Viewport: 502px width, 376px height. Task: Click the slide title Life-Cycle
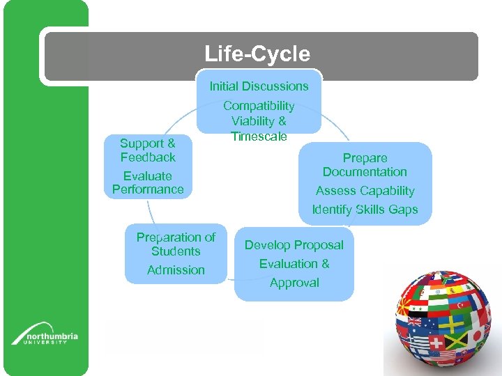click(257, 54)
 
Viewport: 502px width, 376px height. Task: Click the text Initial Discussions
click(259, 86)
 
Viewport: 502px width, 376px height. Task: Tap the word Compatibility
click(259, 106)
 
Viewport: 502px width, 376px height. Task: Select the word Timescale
click(259, 136)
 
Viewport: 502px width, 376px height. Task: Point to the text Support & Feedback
click(148, 150)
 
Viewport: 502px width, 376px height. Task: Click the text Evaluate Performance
click(148, 182)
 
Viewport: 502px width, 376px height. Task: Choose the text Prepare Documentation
click(365, 165)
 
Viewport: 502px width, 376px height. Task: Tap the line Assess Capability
click(365, 191)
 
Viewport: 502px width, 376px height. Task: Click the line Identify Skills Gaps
click(365, 210)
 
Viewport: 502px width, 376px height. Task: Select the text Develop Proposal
click(294, 245)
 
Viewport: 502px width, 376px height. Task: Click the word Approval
click(294, 283)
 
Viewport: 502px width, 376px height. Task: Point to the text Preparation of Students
click(176, 244)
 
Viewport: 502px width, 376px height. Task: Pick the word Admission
click(176, 270)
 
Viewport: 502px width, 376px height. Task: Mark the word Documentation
click(365, 172)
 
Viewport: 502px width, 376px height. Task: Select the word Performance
click(148, 189)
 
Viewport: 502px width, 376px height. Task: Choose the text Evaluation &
click(294, 264)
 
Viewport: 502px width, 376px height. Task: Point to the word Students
click(176, 251)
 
